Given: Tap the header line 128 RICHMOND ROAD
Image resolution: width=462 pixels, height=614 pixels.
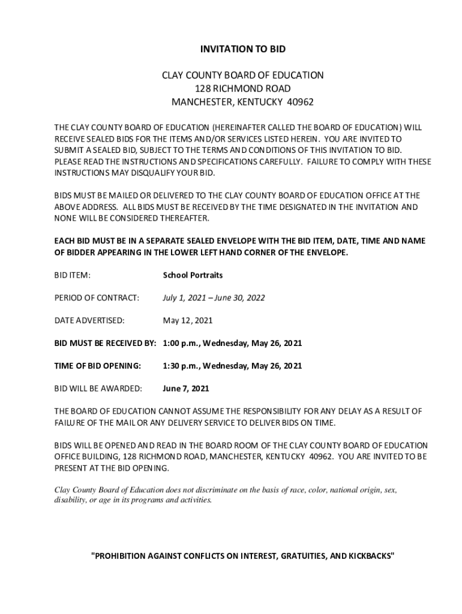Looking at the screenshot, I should pyautogui.click(x=242, y=88).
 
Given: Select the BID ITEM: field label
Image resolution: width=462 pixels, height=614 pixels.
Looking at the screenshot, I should pyautogui.click(x=73, y=275).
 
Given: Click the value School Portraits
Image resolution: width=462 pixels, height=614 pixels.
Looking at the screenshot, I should pyautogui.click(x=193, y=275).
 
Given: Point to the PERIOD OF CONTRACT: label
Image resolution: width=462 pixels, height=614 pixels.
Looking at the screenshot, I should pyautogui.click(x=97, y=298).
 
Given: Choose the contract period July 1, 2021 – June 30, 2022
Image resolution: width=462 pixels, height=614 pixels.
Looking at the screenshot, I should pyautogui.click(x=214, y=298).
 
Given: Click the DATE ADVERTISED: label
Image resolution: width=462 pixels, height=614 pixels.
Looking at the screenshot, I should pyautogui.click(x=89, y=321).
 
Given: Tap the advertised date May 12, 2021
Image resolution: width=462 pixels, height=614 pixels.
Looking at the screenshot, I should pyautogui.click(x=188, y=321).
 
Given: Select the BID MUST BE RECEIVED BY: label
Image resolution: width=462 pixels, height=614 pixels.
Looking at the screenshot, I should pyautogui.click(x=105, y=344).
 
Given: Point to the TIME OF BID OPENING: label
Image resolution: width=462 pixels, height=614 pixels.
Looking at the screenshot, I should pyautogui.click(x=98, y=366).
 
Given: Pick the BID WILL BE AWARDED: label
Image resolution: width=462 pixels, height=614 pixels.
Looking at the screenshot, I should pyautogui.click(x=98, y=389).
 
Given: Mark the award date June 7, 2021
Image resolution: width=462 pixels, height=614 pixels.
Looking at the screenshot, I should pyautogui.click(x=186, y=389).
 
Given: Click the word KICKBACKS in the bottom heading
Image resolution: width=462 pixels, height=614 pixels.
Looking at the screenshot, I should pyautogui.click(x=370, y=556).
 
